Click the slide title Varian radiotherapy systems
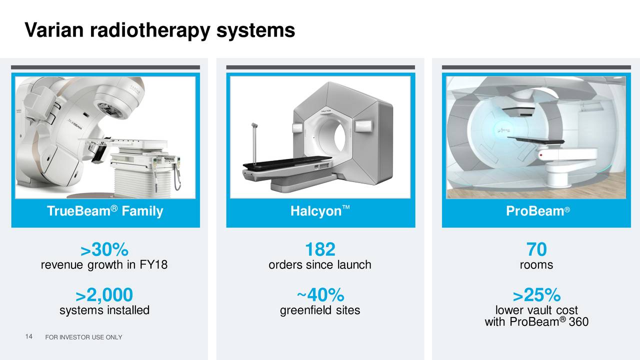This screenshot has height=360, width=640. coord(159,31)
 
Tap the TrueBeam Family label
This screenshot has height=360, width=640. coord(105,211)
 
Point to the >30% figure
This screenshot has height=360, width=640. coord(104,249)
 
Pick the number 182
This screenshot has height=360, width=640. coord(320,249)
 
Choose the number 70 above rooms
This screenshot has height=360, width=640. coord(536,249)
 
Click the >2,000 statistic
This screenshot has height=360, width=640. coord(104,294)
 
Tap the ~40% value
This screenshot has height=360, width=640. coord(320,294)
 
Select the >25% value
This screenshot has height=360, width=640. coord(536,294)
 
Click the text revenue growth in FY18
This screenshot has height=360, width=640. coord(104,265)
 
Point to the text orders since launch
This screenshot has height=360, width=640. coord(320,265)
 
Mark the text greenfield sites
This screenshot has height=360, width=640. coord(320,310)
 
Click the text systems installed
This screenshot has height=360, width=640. coord(104,310)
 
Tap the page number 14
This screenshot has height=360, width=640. coord(28,337)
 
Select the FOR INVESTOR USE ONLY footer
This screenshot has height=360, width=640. coord(83,337)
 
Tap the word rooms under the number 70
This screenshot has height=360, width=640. coord(536,265)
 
